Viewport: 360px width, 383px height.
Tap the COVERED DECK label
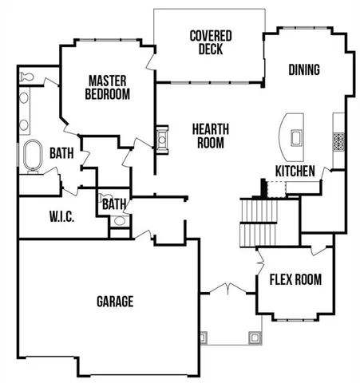click(211, 42)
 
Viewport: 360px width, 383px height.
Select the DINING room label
click(303, 70)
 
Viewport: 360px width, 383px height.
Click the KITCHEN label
click(294, 171)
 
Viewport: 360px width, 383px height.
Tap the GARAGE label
click(115, 302)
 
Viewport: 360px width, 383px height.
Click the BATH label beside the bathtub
click(62, 152)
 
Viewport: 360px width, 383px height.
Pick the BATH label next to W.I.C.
click(113, 204)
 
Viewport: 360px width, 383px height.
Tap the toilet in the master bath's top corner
click(25, 77)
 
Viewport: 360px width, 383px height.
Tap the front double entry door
click(228, 289)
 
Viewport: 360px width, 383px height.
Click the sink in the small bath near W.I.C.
click(118, 223)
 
